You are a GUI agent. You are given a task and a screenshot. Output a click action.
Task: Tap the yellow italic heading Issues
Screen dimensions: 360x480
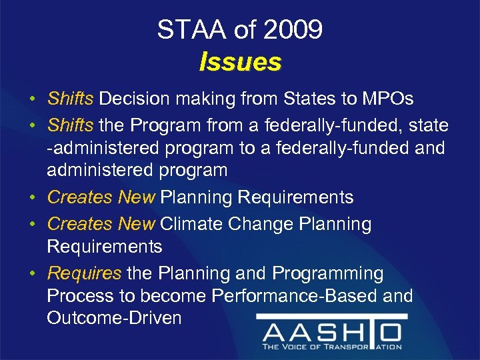240,62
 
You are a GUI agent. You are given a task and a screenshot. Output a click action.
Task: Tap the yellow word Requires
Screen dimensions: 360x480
84,273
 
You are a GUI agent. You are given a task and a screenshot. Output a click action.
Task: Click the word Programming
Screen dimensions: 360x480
326,273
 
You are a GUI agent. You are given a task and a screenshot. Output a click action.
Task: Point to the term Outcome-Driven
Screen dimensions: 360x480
114,317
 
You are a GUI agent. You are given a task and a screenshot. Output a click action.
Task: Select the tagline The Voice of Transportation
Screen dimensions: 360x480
331,347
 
